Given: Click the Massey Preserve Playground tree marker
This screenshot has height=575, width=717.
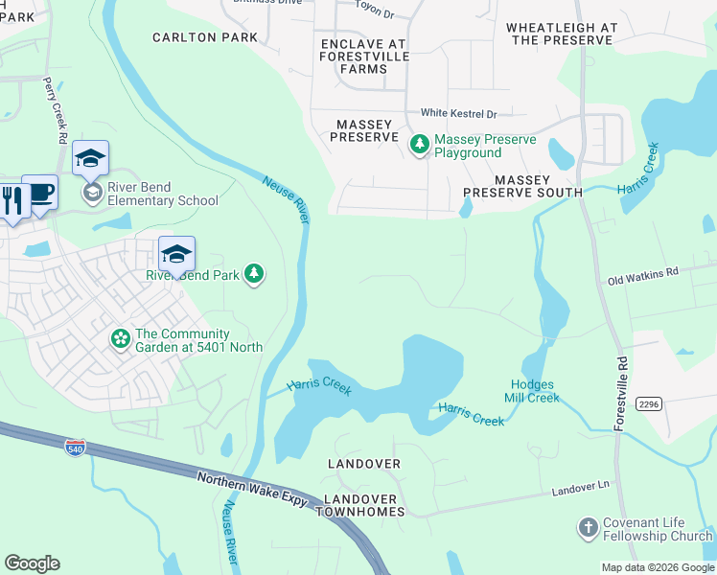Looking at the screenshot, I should coord(419,145).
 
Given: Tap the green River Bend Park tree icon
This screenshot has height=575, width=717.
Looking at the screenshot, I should coord(254,275).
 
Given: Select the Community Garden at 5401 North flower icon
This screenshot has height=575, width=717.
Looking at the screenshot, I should coord(121,339).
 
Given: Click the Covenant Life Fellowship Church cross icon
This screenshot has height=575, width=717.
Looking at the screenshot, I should coord(588,528).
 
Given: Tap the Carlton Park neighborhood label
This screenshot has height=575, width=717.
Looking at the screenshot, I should coord(205,37).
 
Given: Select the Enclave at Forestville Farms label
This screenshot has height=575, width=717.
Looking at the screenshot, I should coord(363,57).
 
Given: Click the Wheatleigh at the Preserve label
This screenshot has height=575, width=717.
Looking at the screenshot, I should coord(561,34).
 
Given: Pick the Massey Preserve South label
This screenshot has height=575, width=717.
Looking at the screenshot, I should coord(522,186).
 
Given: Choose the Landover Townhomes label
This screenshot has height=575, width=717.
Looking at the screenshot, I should coord(364,505).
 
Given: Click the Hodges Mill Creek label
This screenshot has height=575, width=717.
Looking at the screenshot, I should coord(532,391).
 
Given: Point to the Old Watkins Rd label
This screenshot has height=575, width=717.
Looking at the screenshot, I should coord(642,275).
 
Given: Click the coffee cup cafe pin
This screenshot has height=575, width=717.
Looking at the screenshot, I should coord(39,193).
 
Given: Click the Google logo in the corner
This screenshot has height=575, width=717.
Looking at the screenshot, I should coord(33,563).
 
